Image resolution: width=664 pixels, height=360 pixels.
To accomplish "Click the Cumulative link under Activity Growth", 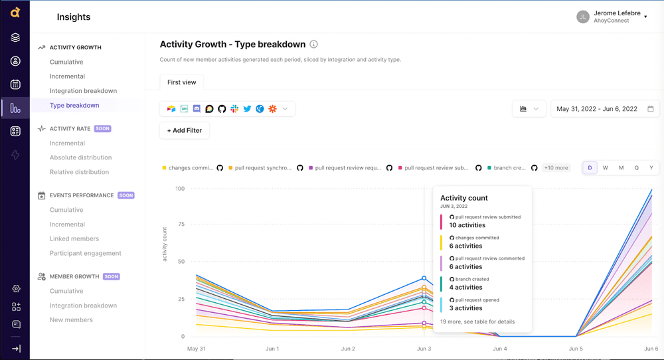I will pos(66,62).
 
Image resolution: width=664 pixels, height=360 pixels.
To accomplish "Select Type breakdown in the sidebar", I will pos(74,105).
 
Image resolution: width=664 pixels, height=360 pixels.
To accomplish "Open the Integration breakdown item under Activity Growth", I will pos(83,90).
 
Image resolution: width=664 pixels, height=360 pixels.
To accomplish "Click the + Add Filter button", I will pos(185,130).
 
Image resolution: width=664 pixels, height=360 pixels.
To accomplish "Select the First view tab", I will pos(181,82).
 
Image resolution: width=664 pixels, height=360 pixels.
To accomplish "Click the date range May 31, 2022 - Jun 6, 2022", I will pos(596,109).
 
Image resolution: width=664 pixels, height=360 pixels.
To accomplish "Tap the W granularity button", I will pos(606,168).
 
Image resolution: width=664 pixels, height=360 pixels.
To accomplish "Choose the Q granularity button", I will pos(636,168).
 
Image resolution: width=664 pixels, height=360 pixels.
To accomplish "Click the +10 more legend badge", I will pos(556,168).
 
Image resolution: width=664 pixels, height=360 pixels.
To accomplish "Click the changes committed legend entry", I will pos(190,168).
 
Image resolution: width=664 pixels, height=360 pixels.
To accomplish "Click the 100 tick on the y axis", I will pos(179,189).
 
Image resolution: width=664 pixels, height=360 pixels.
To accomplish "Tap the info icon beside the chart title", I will pos(314,45).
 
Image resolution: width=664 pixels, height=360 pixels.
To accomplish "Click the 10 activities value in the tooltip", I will pos(467,225).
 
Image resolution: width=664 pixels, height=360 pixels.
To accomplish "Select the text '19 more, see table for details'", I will pos(477,321).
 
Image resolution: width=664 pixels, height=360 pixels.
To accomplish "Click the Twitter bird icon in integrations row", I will pos(247,109).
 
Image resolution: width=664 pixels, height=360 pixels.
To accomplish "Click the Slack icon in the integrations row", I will pos(234,109).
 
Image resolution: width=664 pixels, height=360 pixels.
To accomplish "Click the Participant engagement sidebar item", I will pos(85,253).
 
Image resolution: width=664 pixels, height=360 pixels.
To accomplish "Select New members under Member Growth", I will pos(71,319).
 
